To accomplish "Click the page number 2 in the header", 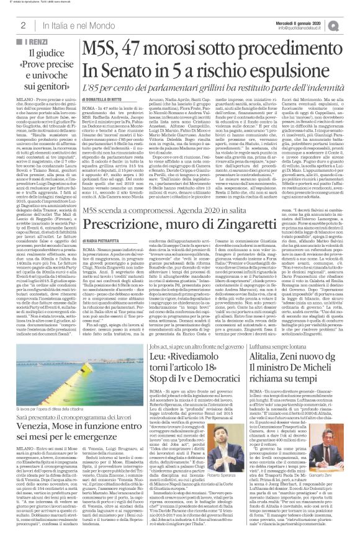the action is [22, 25].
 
